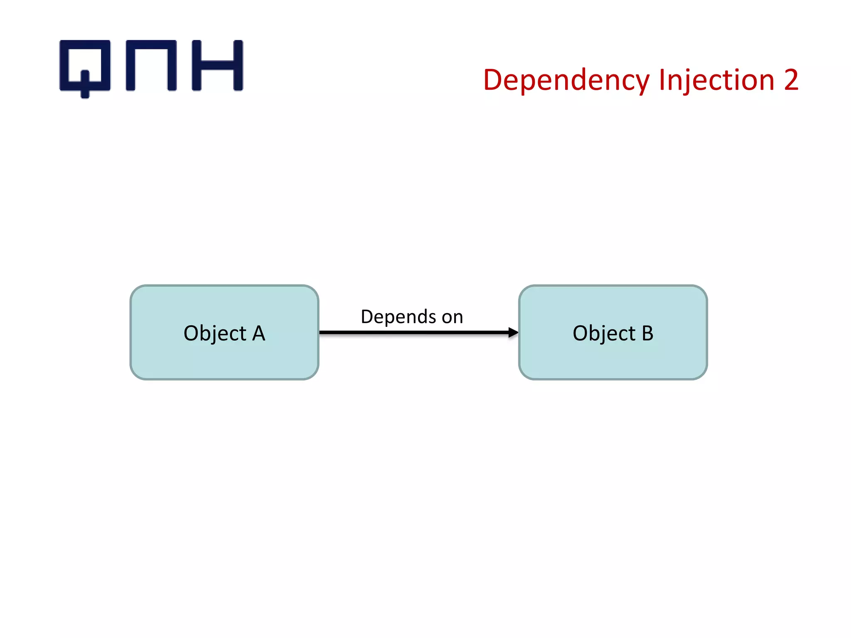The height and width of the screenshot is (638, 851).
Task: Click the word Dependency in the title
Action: [x=566, y=80]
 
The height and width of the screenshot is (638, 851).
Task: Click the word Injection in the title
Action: [x=716, y=80]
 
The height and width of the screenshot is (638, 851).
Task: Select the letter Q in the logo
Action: [x=85, y=66]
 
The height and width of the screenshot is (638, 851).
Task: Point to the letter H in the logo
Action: [x=217, y=65]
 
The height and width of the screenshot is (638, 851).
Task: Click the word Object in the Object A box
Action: [x=215, y=334]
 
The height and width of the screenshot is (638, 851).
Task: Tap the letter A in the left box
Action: [x=258, y=333]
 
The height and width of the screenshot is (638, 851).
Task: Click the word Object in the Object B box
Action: [x=604, y=334]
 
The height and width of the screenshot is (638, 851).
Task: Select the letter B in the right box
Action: [x=647, y=333]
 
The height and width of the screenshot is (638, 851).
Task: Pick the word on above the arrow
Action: [x=452, y=317]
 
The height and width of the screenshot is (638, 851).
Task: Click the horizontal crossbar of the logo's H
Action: [x=217, y=65]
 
